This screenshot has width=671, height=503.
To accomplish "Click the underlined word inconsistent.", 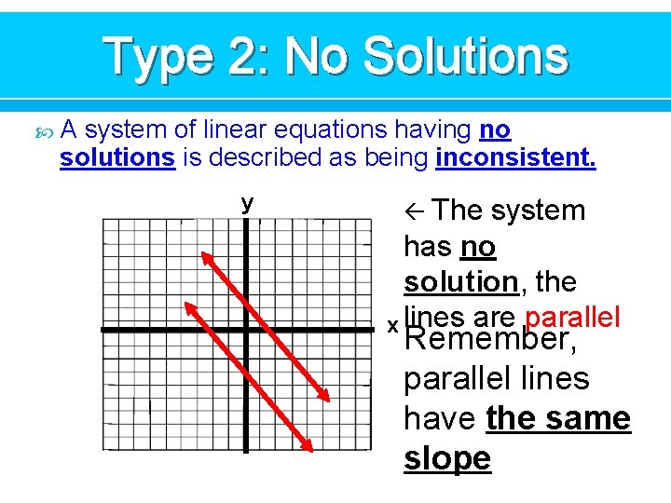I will pyautogui.click(x=515, y=157).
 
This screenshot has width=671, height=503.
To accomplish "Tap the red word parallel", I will pyautogui.click(x=572, y=316).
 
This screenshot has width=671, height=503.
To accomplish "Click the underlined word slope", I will pyautogui.click(x=447, y=458).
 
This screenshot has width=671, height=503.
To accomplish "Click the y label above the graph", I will pyautogui.click(x=247, y=203).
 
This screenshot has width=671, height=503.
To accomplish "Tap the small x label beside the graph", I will pyautogui.click(x=393, y=326).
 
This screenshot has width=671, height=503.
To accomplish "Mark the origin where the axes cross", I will pyautogui.click(x=246, y=330).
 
